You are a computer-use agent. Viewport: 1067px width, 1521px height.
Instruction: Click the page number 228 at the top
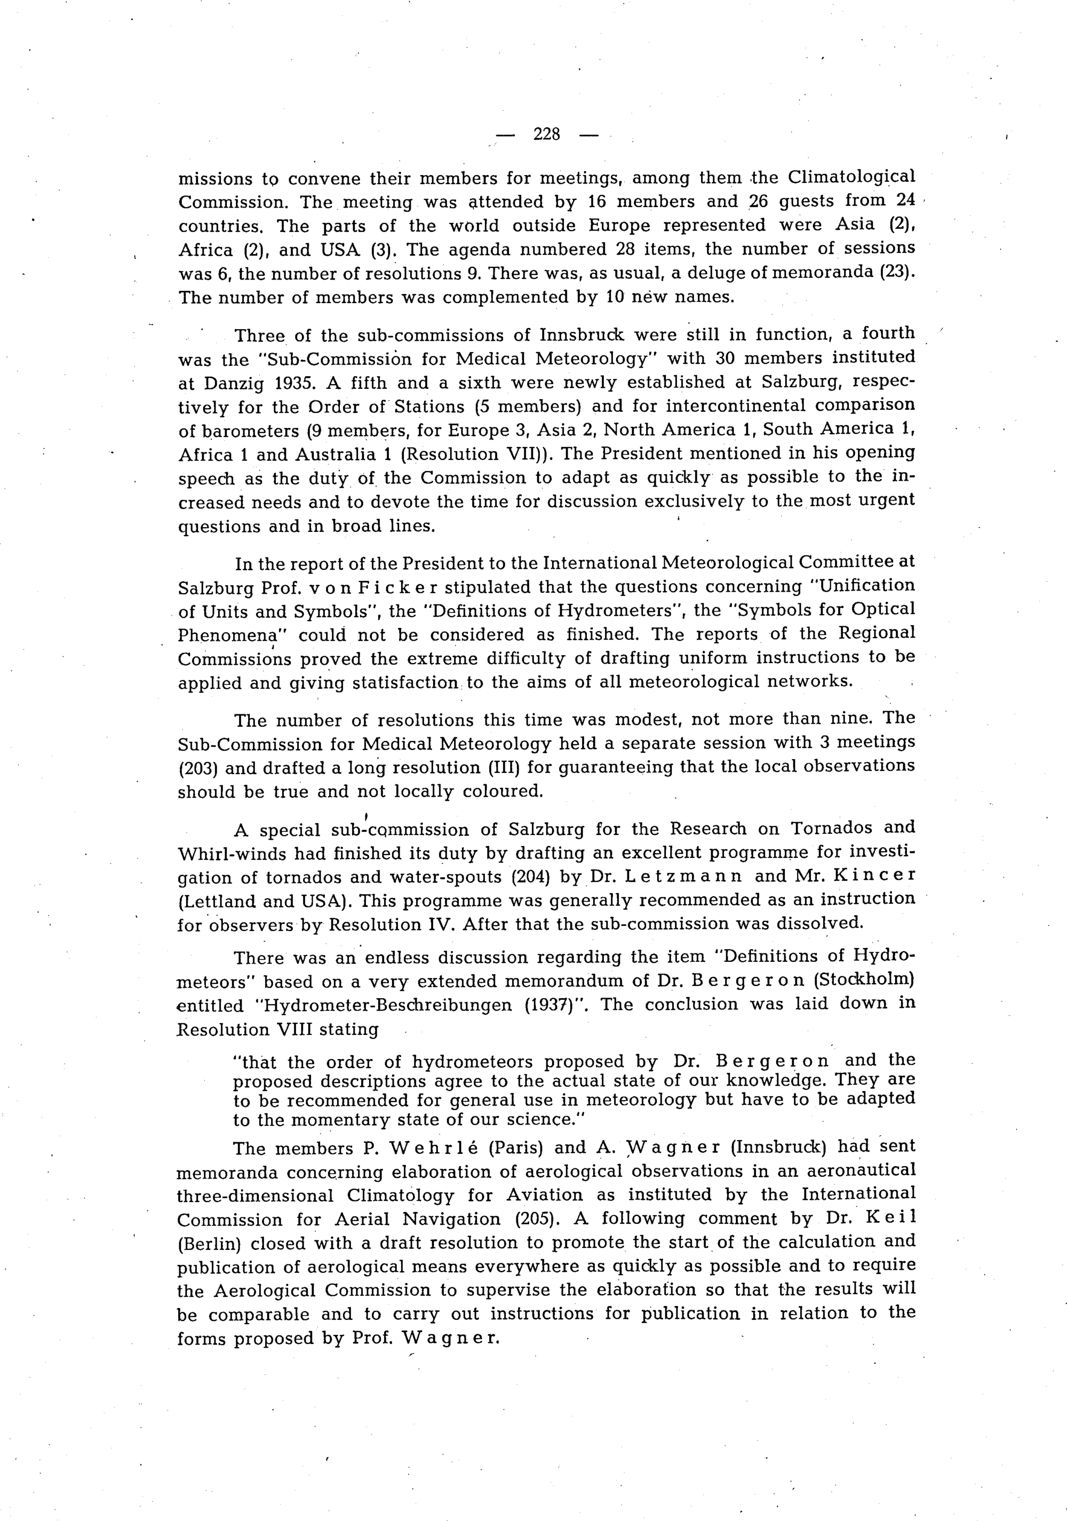coord(546,134)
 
